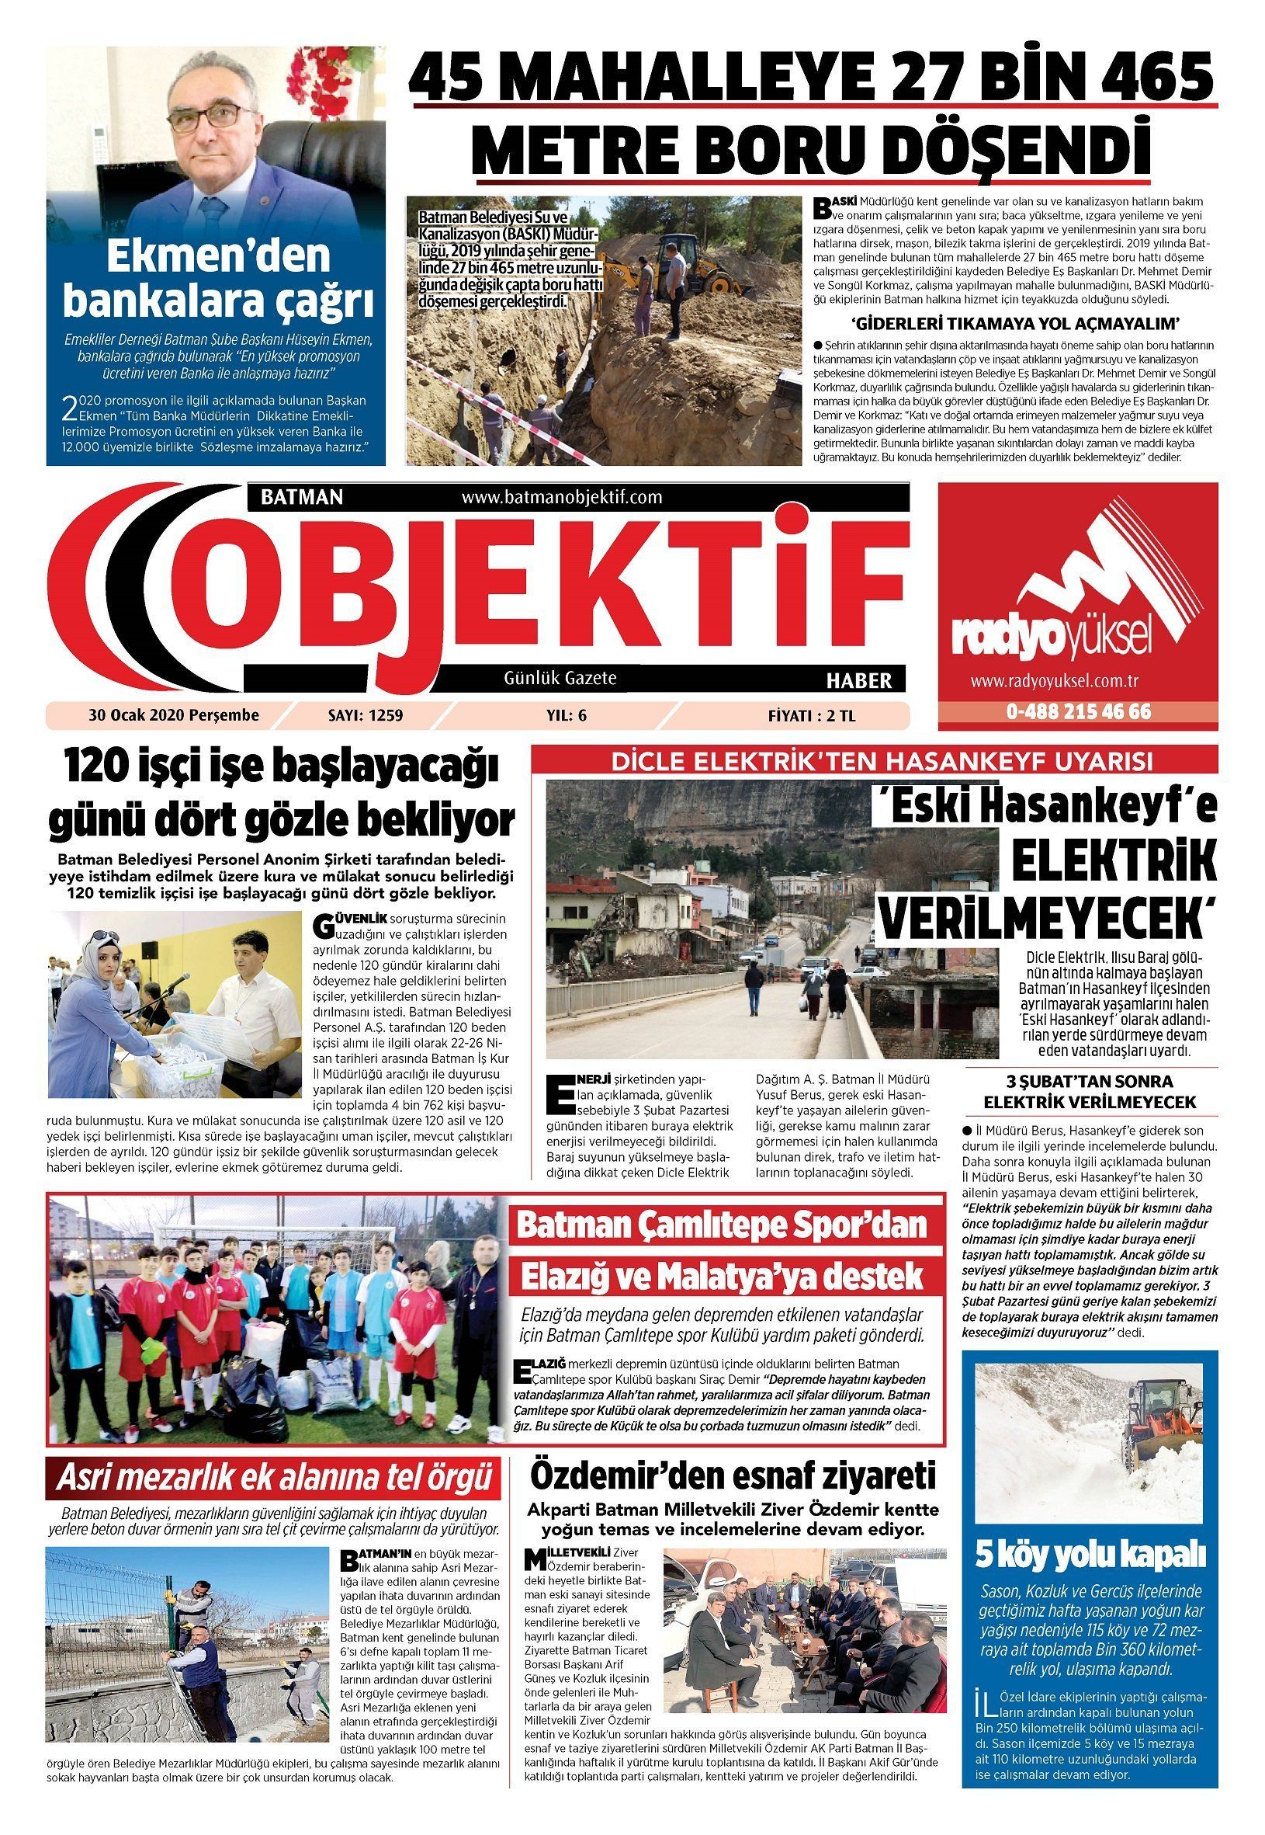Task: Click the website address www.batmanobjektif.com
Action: coord(561,497)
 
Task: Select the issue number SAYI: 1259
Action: coord(366,715)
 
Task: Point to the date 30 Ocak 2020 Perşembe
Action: coord(175,715)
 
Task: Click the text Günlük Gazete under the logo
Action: coord(560,678)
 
